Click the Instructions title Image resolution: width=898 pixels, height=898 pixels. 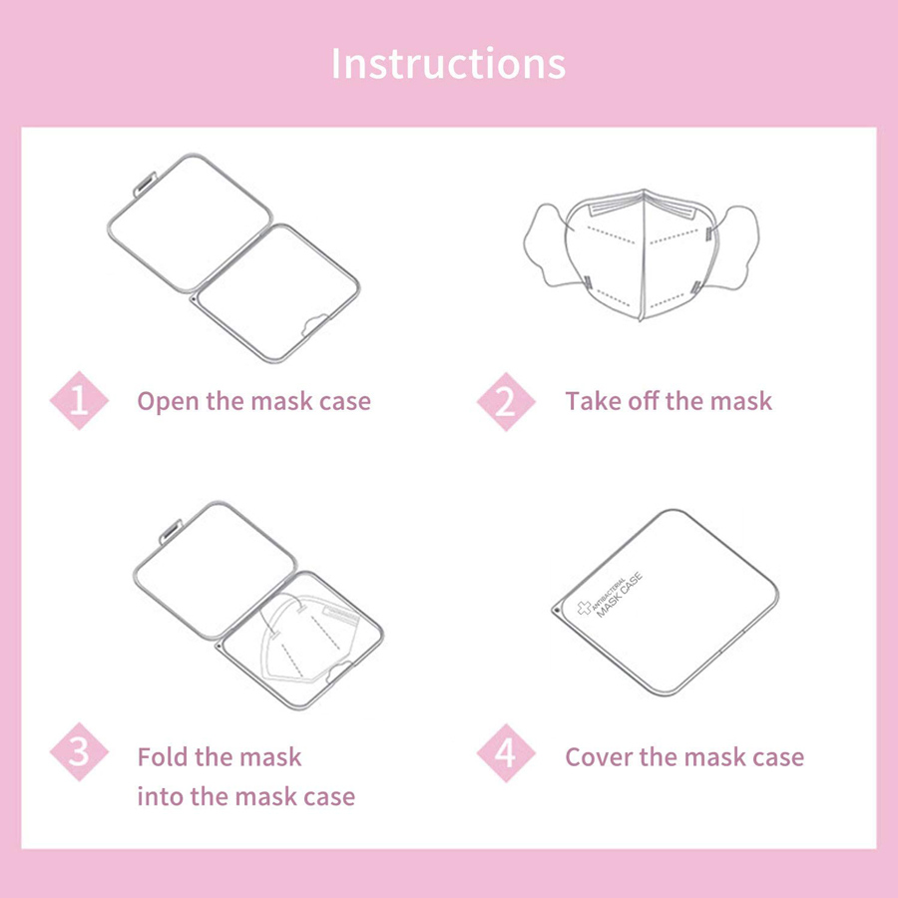pos(448,63)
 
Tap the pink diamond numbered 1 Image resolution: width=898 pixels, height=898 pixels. pos(79,400)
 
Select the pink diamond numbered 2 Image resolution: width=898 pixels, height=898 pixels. pos(506,401)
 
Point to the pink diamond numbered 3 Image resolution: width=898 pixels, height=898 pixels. pos(79,751)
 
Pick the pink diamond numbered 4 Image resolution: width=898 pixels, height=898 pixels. pos(506,752)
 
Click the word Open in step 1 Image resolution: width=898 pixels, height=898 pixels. pos(169,402)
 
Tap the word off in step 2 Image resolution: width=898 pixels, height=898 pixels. pos(644,400)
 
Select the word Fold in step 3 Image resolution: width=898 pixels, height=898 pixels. pos(163,756)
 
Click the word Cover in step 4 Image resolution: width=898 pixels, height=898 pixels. pos(599,757)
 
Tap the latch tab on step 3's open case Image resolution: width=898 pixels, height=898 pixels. pos(171,532)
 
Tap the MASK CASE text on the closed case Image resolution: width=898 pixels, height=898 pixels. pos(620,595)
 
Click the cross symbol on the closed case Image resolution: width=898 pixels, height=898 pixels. pos(584,608)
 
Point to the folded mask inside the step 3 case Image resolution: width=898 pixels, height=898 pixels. pos(307,638)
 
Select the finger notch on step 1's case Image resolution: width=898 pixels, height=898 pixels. pos(314,324)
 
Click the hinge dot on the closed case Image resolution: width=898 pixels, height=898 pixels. pos(557,611)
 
